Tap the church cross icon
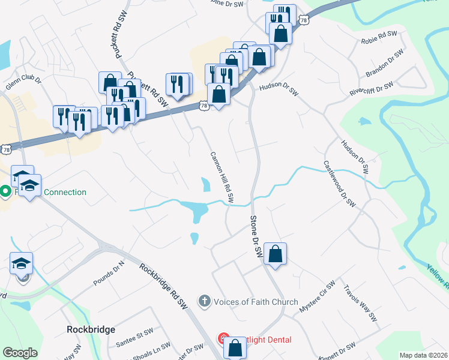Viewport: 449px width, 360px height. (x=205, y=301)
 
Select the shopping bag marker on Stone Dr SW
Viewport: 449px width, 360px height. (x=275, y=254)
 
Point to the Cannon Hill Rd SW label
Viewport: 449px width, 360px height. (x=221, y=176)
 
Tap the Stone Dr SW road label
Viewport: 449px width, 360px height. (x=256, y=238)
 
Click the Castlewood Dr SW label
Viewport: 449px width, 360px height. (x=339, y=184)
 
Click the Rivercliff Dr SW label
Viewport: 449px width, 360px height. (x=371, y=89)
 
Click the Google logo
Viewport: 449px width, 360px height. (x=20, y=353)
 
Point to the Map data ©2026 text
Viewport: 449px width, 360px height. (x=424, y=355)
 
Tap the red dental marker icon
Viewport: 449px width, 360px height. (x=223, y=340)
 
